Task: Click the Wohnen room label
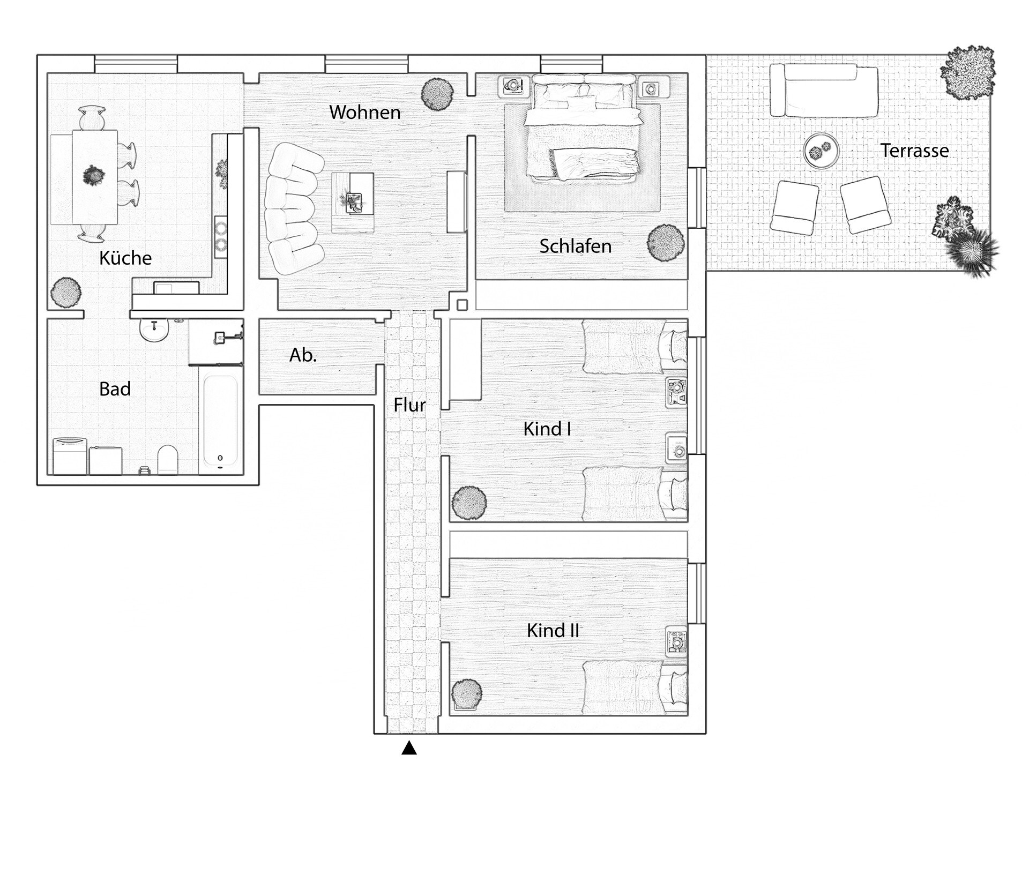365,113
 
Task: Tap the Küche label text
125,258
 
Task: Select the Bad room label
115,389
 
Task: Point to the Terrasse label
914,151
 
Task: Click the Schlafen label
575,246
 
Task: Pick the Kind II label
553,631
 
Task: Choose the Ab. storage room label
303,355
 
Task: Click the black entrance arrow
409,747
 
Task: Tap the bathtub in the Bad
220,421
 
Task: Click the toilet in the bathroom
167,459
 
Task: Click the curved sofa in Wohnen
293,209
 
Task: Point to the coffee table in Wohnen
352,203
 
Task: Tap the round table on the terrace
821,151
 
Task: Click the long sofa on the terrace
824,90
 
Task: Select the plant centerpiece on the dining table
94,175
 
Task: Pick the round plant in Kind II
467,695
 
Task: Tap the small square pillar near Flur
462,305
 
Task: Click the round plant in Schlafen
666,243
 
